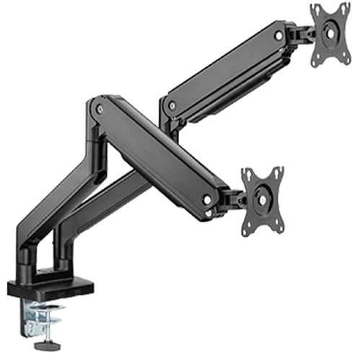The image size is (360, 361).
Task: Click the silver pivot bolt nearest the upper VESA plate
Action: point(278,32)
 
